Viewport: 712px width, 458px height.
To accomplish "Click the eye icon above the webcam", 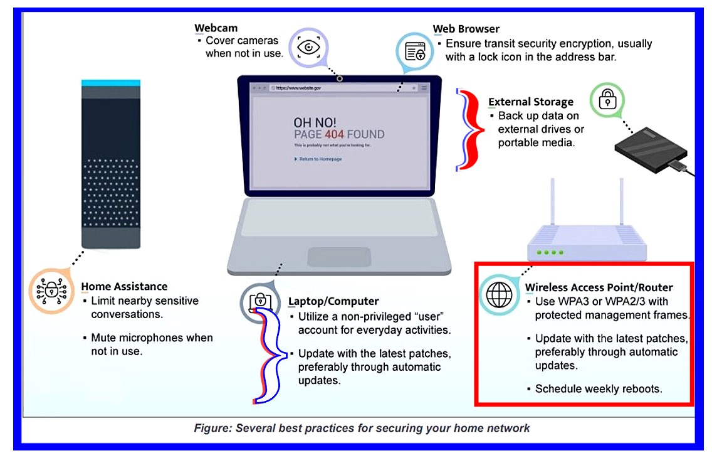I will pyautogui.click(x=308, y=47).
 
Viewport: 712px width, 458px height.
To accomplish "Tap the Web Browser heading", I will pyautogui.click(x=466, y=29).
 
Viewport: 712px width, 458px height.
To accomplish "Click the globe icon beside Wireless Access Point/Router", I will pyautogui.click(x=499, y=295).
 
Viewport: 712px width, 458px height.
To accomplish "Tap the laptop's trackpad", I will pyautogui.click(x=339, y=257).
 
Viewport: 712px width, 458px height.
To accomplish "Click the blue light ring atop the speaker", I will pyautogui.click(x=110, y=82).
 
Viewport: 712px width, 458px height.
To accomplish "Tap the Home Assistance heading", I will pyautogui.click(x=124, y=287).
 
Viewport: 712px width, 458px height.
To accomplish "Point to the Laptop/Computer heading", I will pyautogui.click(x=333, y=302).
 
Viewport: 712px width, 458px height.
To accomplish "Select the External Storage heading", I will pyautogui.click(x=530, y=102).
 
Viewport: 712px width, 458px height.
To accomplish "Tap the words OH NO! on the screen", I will pyautogui.click(x=315, y=122).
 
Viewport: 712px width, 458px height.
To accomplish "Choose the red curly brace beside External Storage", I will pyautogui.click(x=470, y=129).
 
